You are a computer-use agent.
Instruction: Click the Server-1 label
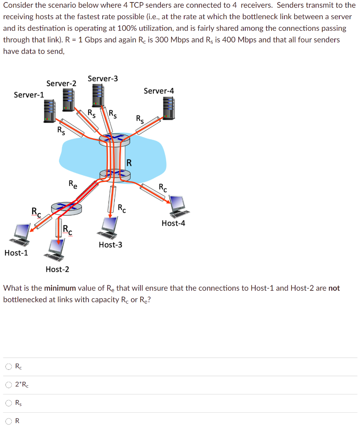(x=29, y=95)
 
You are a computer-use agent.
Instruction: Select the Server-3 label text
(x=103, y=79)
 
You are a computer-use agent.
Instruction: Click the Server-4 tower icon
(x=168, y=108)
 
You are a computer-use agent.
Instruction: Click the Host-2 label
(x=57, y=269)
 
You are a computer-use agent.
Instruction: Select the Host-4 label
(x=173, y=223)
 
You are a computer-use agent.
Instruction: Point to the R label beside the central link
(x=129, y=162)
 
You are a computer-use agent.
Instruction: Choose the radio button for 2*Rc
(x=9, y=385)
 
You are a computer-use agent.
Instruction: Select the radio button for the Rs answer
(x=9, y=403)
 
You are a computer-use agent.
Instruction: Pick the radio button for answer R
(x=9, y=421)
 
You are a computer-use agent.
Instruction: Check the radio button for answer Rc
(x=9, y=367)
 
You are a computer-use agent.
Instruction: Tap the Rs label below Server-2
(x=61, y=131)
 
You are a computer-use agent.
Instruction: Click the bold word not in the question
(x=334, y=288)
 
